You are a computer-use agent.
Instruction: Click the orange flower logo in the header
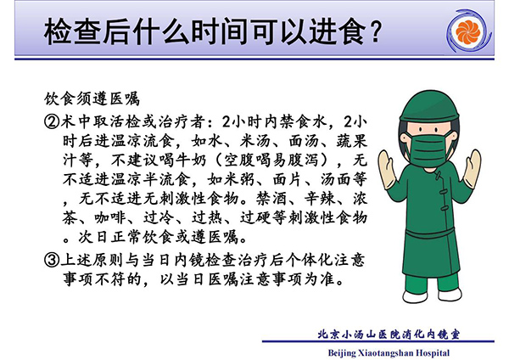point(467,32)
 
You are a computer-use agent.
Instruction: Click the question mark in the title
point(375,31)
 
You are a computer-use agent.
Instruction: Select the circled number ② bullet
point(52,122)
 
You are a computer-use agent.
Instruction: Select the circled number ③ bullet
point(52,260)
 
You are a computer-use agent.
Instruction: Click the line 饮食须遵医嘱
point(92,99)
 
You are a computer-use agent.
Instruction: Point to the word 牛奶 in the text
point(190,160)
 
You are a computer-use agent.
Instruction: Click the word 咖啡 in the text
point(110,217)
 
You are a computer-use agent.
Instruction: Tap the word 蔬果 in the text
point(351,141)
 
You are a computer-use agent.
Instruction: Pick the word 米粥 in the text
point(238,179)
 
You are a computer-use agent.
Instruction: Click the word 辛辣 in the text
point(320,199)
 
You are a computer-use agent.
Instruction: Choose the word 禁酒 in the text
point(271,199)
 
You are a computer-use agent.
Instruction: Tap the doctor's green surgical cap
point(429,105)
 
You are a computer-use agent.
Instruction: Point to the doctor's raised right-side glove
point(472,169)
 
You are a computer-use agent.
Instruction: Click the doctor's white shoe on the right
point(450,294)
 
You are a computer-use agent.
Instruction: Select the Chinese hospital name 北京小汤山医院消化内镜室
point(389,335)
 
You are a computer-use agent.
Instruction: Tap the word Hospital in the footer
point(433,353)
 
